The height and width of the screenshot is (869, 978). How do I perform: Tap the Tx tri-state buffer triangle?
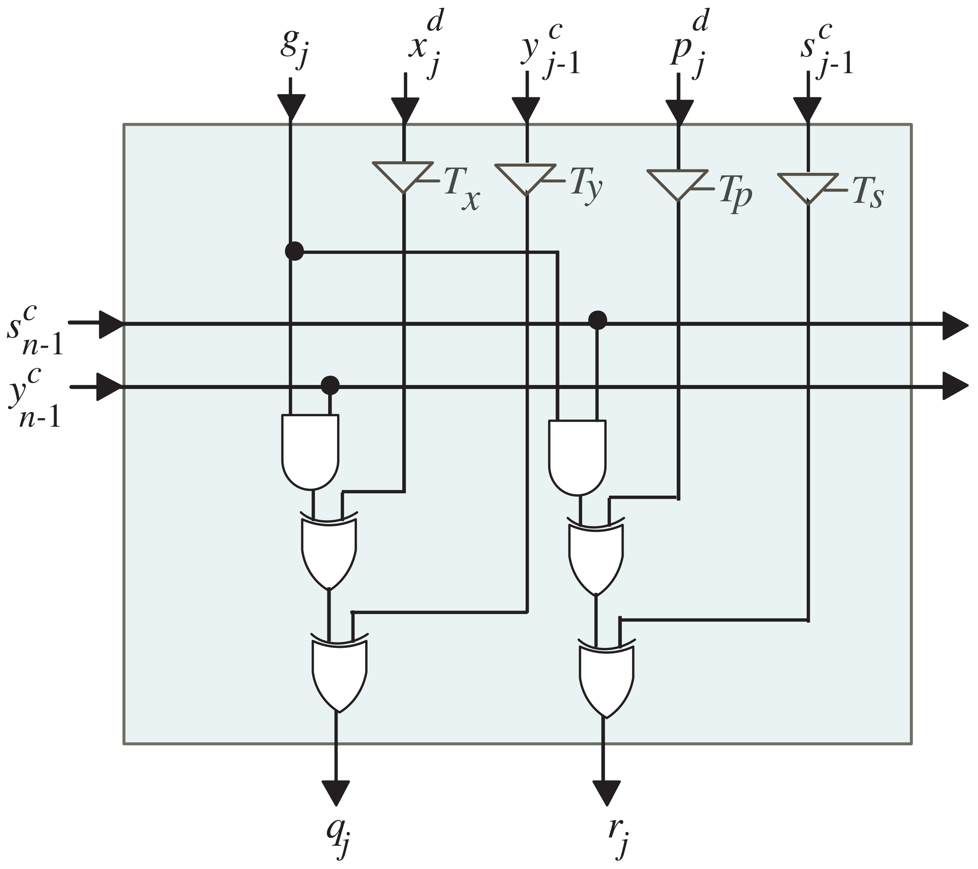pos(403,175)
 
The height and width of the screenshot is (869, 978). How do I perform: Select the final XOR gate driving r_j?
pos(606,679)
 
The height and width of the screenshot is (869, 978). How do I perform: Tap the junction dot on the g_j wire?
pos(294,251)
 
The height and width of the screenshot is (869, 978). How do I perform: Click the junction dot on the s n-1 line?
pos(597,320)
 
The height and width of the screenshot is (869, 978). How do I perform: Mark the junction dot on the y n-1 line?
pos(330,385)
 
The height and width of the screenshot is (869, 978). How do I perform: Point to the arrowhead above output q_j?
pos(336,793)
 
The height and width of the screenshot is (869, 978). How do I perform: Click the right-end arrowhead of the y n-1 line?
pos(954,386)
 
